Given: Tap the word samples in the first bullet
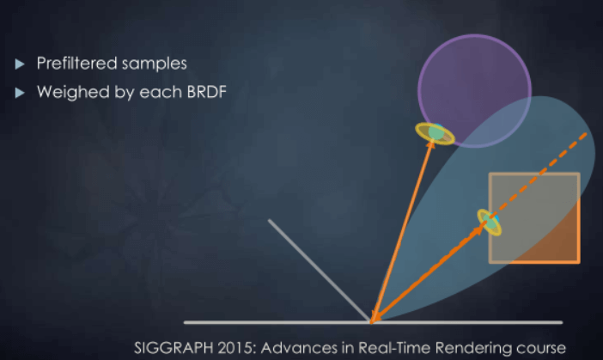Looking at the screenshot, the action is pos(158,64).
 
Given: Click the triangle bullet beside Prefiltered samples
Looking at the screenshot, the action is pos(20,64).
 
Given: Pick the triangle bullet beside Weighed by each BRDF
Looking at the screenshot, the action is pos(20,93).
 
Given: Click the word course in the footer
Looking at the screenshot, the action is pos(540,349).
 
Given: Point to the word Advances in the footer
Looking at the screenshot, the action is pos(299,348).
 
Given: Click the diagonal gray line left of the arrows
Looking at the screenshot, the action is pos(320,270).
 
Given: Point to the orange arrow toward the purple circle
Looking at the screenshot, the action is pos(402,231).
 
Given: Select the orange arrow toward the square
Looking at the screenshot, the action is pos(428,273).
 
